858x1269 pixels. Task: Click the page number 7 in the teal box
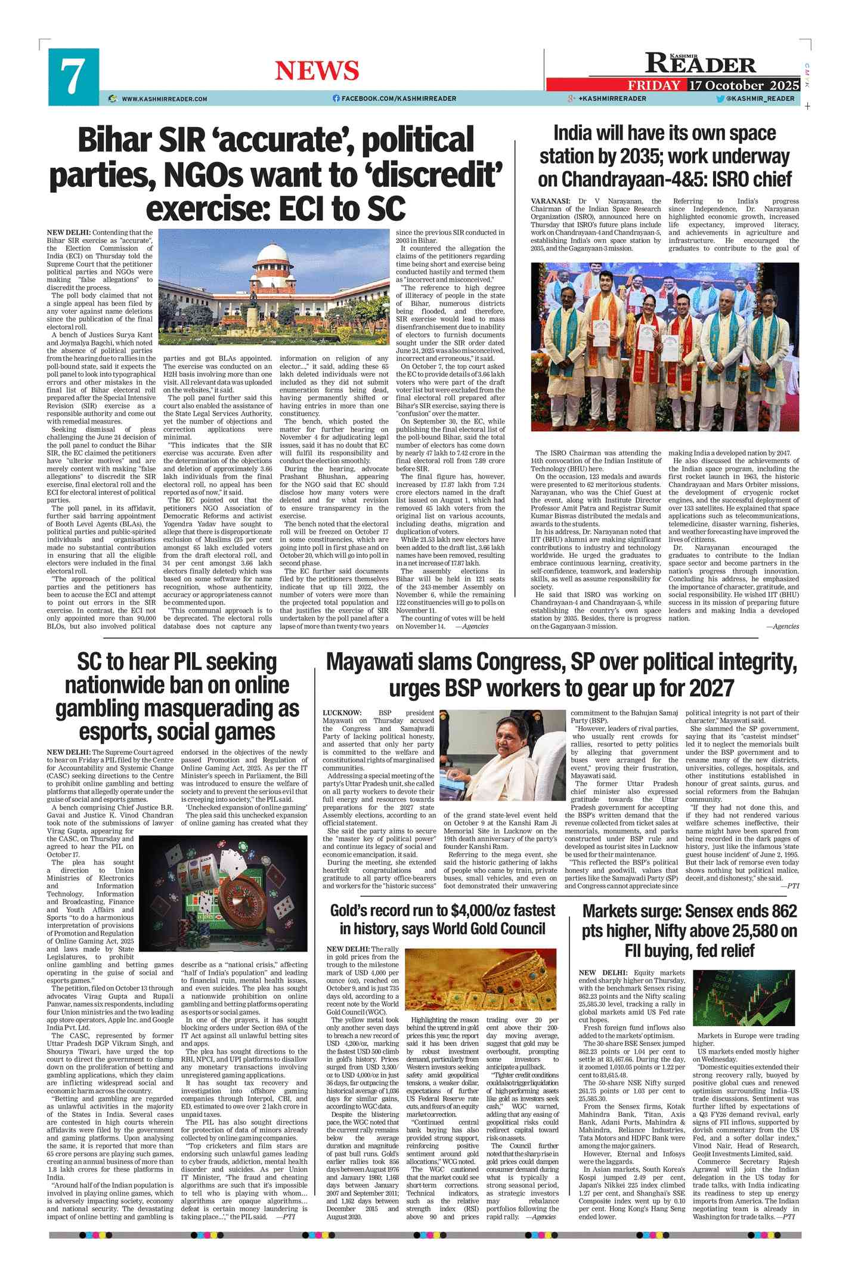point(73,77)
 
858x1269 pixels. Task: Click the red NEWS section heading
point(317,71)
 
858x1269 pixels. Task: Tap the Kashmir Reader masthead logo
point(700,63)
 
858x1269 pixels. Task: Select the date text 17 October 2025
point(744,85)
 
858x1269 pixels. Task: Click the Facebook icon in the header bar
point(336,98)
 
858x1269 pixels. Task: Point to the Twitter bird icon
point(720,98)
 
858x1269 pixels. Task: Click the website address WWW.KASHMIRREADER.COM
point(165,99)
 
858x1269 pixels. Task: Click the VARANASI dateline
point(550,201)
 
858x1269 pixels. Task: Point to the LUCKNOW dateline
point(342,713)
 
